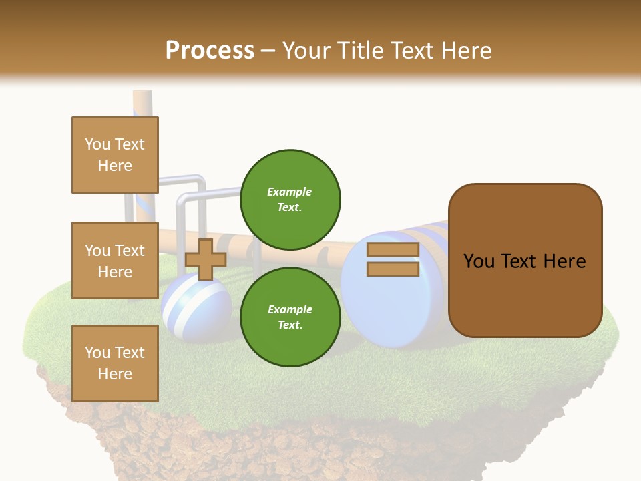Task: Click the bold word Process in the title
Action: coord(210,50)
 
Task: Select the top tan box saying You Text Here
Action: coord(115,155)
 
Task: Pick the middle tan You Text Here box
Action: coord(115,261)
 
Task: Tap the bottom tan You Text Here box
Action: coord(115,363)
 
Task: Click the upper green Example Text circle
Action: coord(290,200)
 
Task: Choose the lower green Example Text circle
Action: coord(290,317)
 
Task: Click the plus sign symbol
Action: coord(206,259)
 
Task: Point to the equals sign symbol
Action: coord(393,259)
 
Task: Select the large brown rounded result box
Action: coord(525,261)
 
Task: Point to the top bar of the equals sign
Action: coord(393,250)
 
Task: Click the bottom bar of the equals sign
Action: coord(393,269)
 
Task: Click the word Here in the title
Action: coord(467,50)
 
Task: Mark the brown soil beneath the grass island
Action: coord(267,448)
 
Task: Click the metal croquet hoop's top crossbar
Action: coord(210,194)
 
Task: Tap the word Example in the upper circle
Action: coord(290,192)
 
